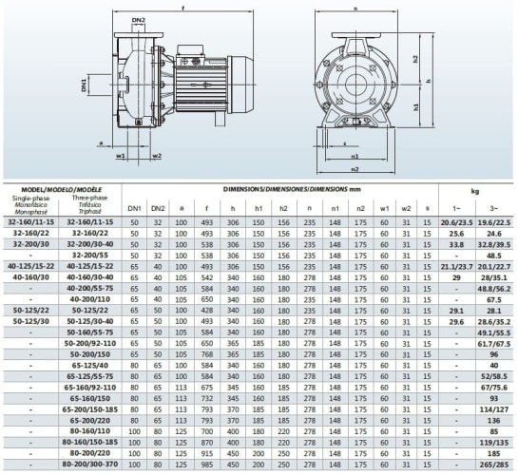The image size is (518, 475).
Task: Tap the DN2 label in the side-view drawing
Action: point(139,20)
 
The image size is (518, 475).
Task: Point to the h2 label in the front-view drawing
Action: point(416,58)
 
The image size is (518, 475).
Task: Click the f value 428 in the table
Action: point(206,310)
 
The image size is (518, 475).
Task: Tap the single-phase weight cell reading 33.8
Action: point(455,243)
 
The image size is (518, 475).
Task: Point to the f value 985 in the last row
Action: point(206,465)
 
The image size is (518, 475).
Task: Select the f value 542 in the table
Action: point(206,276)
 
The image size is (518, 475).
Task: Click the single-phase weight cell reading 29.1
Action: point(455,310)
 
